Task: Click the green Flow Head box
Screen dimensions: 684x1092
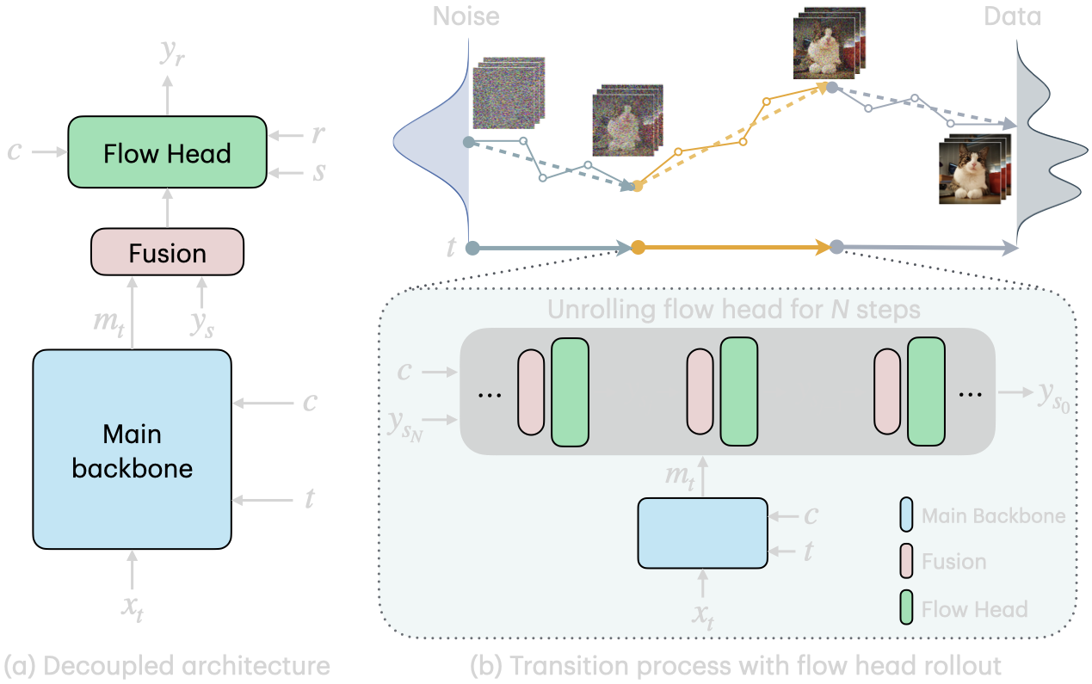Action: [167, 152]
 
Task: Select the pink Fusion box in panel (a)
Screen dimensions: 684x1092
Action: [167, 252]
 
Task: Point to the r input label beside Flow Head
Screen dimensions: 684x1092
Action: [318, 134]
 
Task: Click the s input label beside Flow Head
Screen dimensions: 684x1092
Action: [318, 172]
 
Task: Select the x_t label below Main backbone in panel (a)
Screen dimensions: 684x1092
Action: [131, 606]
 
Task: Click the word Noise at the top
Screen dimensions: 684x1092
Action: [466, 15]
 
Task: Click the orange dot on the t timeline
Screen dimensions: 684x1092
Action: [638, 248]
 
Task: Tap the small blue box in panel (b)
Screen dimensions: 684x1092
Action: [702, 533]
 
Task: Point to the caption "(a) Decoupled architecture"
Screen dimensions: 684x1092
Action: [167, 665]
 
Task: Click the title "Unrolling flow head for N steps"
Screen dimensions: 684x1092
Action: [733, 309]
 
